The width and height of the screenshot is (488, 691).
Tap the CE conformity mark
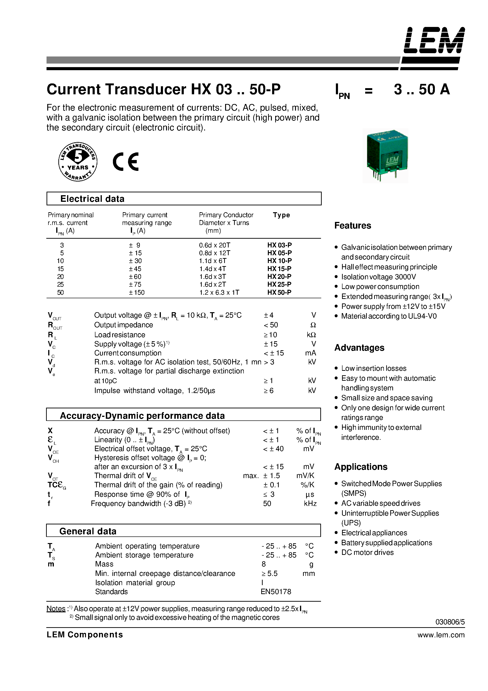[126, 162]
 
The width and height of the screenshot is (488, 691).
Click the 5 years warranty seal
[78, 162]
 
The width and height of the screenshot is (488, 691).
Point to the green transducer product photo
[385, 155]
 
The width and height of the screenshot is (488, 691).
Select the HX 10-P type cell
[279, 261]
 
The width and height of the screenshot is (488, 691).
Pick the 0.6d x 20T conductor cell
[214, 245]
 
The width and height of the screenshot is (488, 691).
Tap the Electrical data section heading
[92, 199]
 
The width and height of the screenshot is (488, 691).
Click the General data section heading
[88, 531]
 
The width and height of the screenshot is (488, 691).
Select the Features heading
[353, 225]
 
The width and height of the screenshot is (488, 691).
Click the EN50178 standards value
[276, 592]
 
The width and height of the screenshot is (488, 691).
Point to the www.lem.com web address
[441, 635]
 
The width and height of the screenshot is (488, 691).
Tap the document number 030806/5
[450, 622]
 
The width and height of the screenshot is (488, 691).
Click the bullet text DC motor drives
[367, 553]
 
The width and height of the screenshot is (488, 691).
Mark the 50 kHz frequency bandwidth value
[267, 504]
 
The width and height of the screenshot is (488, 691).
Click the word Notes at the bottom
[56, 609]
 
